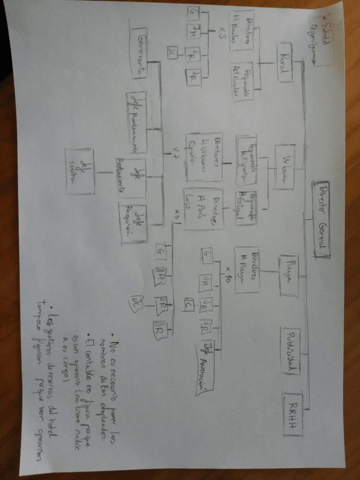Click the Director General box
click(x=321, y=218)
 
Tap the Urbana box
click(x=289, y=165)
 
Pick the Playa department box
click(x=288, y=275)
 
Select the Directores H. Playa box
click(x=246, y=269)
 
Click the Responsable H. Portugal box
click(x=245, y=208)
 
